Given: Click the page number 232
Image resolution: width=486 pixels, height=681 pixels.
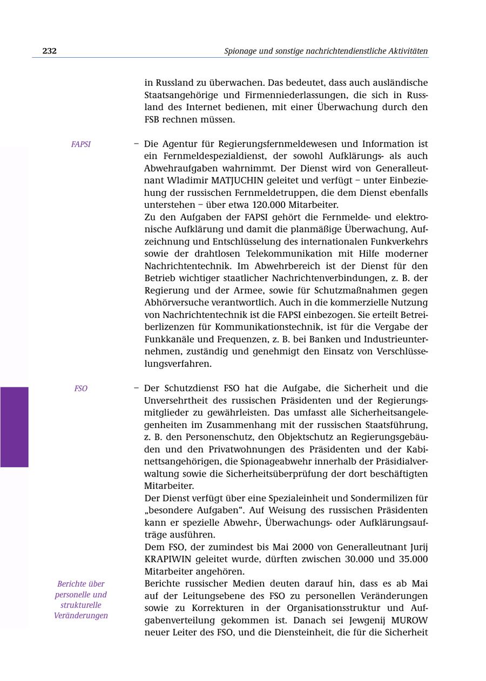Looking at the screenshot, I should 50,51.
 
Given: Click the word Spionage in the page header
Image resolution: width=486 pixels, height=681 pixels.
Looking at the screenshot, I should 242,51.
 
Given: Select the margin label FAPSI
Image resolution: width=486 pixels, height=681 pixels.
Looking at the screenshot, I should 81,145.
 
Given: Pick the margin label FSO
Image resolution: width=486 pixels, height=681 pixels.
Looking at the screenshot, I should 81,389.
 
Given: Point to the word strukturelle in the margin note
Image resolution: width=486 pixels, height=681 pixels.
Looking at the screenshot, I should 81,605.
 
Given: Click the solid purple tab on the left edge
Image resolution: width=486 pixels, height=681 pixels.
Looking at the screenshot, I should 14,427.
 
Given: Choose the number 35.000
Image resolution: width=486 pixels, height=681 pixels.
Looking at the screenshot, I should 413,559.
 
